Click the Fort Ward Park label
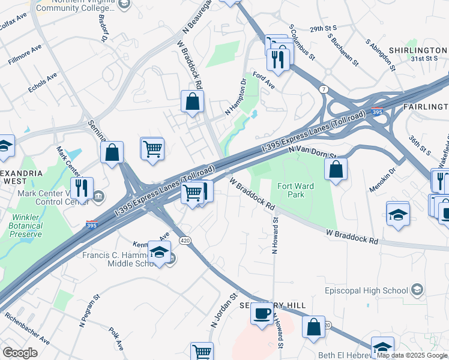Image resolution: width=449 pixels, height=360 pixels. (x=295, y=190)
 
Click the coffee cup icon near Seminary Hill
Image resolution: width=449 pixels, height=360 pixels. (x=262, y=313)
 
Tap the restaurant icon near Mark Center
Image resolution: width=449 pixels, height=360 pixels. (x=82, y=187)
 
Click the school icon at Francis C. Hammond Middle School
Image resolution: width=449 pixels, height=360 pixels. (x=159, y=252)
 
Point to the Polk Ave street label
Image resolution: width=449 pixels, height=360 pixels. (x=116, y=338)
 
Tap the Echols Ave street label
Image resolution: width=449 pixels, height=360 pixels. (x=43, y=83)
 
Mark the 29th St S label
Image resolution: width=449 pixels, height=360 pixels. (x=322, y=28)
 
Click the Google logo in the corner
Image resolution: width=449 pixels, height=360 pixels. (x=20, y=353)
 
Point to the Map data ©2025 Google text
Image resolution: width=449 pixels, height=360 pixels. (x=412, y=355)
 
